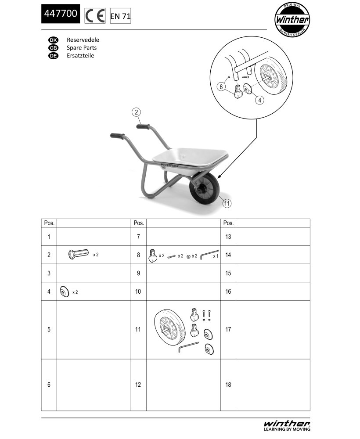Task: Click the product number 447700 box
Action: (61, 14)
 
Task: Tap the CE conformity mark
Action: (95, 16)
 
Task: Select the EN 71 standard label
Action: (120, 16)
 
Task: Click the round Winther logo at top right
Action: (292, 20)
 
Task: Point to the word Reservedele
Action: (83, 40)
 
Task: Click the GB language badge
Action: (53, 48)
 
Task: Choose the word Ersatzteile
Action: (80, 55)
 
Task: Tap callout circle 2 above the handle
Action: (137, 112)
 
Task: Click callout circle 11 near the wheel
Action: (227, 203)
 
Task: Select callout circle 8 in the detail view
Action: (221, 87)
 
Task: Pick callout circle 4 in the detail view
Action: (260, 100)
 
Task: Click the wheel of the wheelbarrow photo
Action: (205, 187)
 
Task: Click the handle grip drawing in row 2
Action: (79, 254)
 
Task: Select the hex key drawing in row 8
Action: (209, 255)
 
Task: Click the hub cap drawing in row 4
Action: (65, 291)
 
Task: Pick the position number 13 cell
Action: (228, 237)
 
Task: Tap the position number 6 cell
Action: (49, 385)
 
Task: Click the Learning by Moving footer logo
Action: (287, 425)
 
